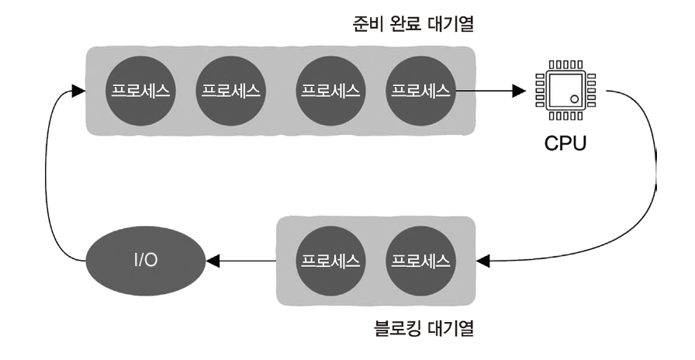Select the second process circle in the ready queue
tap(230, 90)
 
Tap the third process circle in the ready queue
tap(330, 90)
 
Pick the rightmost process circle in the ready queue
tap(420, 90)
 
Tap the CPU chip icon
tap(565, 91)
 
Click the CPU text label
tap(565, 144)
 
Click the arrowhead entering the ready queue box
tap(74, 91)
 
